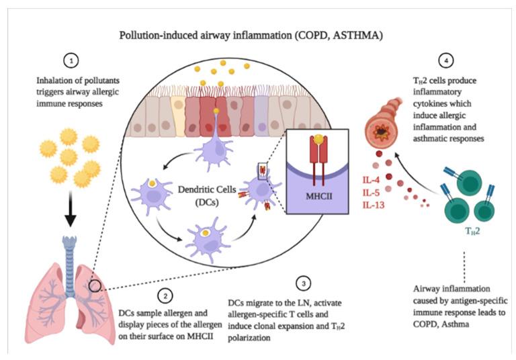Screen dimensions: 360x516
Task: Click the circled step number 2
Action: pyautogui.click(x=164, y=294)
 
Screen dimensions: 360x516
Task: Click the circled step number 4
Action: pyautogui.click(x=444, y=60)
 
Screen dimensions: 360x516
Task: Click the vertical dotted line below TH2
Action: pyautogui.click(x=464, y=263)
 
